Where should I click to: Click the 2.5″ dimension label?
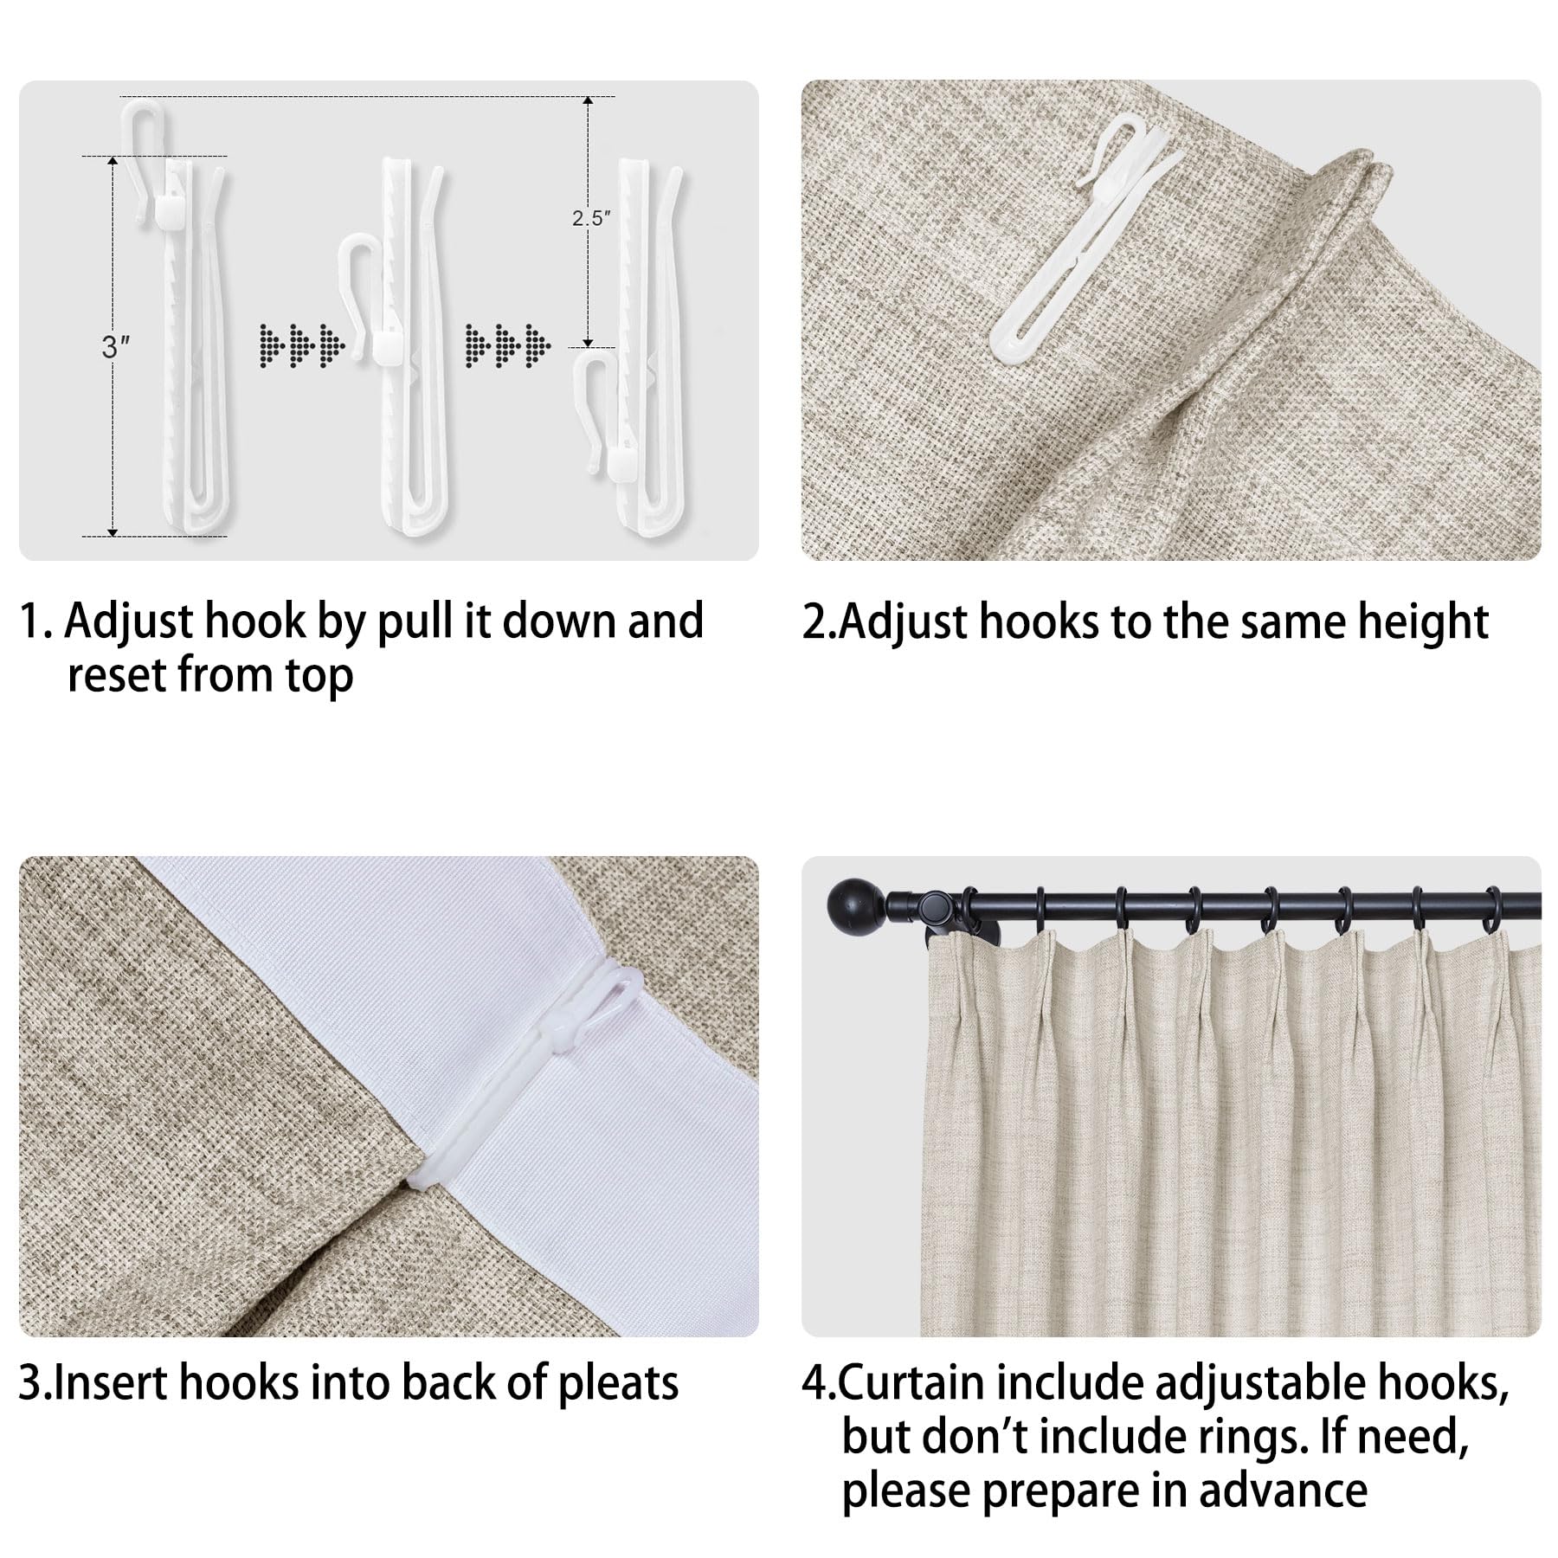tap(591, 218)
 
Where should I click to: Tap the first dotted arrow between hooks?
tap(302, 343)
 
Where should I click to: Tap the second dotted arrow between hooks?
tap(508, 343)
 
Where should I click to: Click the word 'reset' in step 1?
tap(116, 676)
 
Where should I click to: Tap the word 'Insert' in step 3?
tap(108, 1383)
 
